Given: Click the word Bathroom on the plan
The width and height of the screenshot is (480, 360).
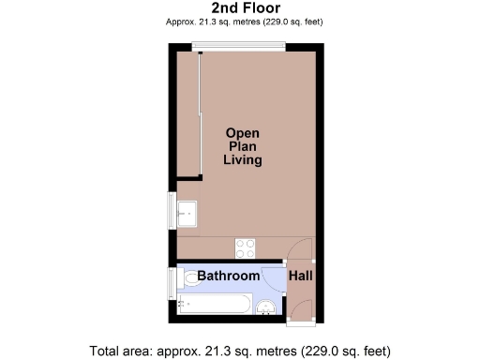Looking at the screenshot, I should pyautogui.click(x=228, y=276).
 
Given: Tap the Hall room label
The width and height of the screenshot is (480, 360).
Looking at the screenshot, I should pyautogui.click(x=301, y=276).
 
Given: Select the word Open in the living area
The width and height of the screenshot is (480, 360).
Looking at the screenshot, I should pyautogui.click(x=242, y=133).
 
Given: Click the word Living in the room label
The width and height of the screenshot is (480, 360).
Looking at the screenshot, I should pyautogui.click(x=242, y=160).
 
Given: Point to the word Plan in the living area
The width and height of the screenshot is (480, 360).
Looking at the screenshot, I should pyautogui.click(x=242, y=147).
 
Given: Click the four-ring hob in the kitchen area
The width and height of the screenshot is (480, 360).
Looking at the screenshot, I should pyautogui.click(x=245, y=247).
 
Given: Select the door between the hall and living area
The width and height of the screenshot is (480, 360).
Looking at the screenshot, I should pyautogui.click(x=302, y=248).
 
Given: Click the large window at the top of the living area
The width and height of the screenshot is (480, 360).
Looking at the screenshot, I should pyautogui.click(x=246, y=47).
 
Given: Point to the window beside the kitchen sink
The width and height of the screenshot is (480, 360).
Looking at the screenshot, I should pyautogui.click(x=170, y=211).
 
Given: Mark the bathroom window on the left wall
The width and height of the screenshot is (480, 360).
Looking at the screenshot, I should pyautogui.click(x=170, y=280).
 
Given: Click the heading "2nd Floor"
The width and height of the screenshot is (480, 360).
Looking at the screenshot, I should pyautogui.click(x=241, y=7).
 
